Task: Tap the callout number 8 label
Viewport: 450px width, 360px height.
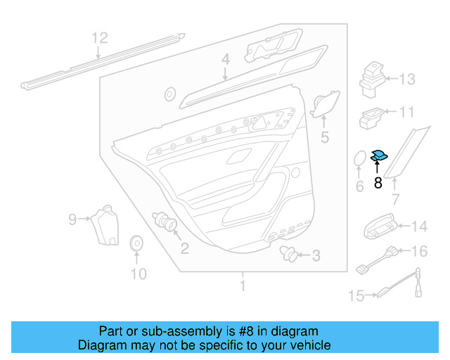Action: click(378, 184)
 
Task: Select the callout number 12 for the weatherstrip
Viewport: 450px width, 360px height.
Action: click(100, 38)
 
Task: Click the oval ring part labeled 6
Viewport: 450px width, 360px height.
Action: click(359, 160)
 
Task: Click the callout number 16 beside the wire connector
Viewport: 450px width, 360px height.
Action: click(418, 251)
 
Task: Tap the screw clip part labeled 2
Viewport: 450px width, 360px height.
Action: click(168, 224)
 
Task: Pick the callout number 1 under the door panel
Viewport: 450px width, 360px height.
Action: click(243, 286)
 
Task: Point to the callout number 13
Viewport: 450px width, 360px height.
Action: click(408, 79)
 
